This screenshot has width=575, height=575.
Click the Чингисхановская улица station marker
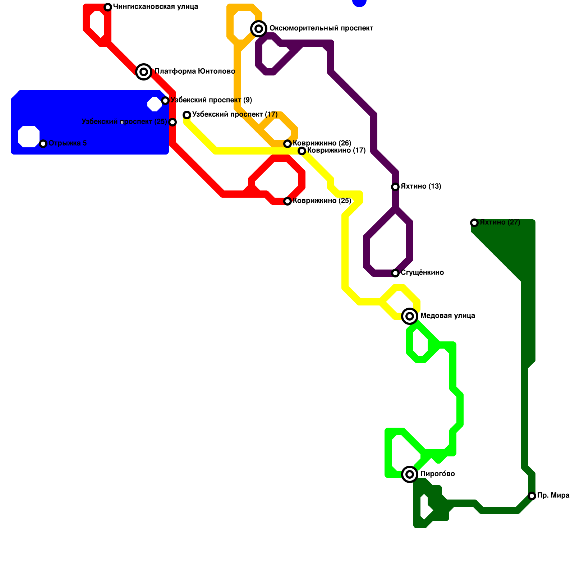click(x=108, y=7)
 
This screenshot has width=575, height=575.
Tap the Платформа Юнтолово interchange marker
click(x=144, y=72)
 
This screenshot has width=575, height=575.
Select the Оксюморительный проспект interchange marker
click(x=259, y=28)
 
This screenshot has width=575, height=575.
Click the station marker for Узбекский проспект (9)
click(x=165, y=101)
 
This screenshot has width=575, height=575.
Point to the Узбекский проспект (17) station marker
click(x=187, y=115)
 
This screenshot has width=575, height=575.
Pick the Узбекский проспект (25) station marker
click(x=172, y=122)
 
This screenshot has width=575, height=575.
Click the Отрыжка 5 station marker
click(x=43, y=144)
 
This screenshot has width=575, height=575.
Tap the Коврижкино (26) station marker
click(x=287, y=144)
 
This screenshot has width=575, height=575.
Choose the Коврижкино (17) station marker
click(x=302, y=151)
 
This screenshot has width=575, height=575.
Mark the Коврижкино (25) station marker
click(x=287, y=201)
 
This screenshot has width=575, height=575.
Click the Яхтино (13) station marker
click(x=395, y=187)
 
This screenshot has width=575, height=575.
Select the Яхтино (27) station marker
click(x=474, y=223)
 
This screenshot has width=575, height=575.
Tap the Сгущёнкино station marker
click(x=395, y=273)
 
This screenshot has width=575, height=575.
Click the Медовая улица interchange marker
click(x=410, y=316)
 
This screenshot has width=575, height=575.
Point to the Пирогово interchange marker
click(x=410, y=474)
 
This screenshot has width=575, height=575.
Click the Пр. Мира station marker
click(x=532, y=496)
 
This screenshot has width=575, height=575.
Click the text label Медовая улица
click(x=447, y=316)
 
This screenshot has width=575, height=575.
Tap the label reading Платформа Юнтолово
click(x=195, y=72)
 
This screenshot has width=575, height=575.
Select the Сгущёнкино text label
click(x=422, y=273)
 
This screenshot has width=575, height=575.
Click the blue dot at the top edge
click(x=359, y=2)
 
